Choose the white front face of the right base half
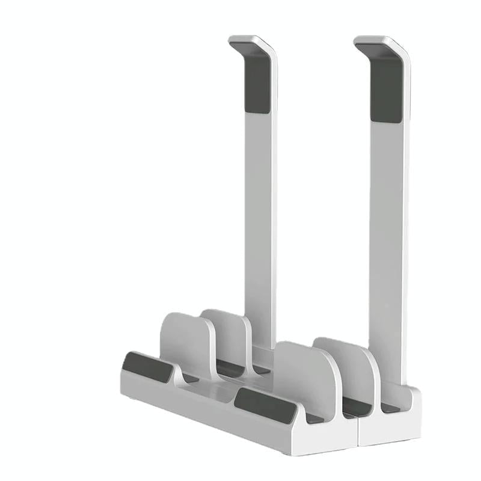point(391,430)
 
